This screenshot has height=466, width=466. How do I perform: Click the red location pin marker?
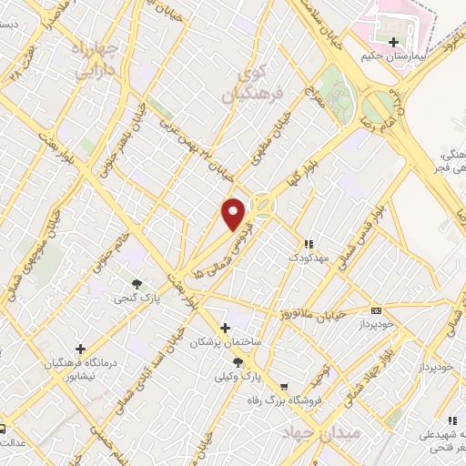click(236, 214)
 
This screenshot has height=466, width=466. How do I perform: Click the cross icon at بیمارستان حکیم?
click(393, 42)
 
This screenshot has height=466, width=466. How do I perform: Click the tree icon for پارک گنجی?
click(137, 284)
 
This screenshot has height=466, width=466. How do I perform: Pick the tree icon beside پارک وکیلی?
click(238, 361)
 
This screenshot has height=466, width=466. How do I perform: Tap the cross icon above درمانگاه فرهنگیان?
click(81, 349)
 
